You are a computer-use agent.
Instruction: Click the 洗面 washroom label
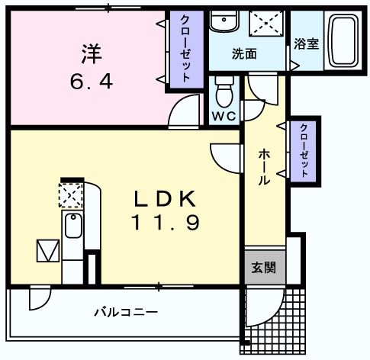[x=244, y=54]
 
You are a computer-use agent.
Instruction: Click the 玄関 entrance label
[x=264, y=268]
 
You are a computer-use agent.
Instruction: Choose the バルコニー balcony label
[x=126, y=312]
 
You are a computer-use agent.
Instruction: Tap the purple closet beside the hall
[x=304, y=151]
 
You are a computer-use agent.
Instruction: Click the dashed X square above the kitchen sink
[x=71, y=194]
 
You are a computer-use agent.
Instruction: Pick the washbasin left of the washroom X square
[x=224, y=24]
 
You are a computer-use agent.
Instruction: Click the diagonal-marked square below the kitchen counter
[x=47, y=250]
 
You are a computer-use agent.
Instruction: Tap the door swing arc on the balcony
[x=39, y=300]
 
